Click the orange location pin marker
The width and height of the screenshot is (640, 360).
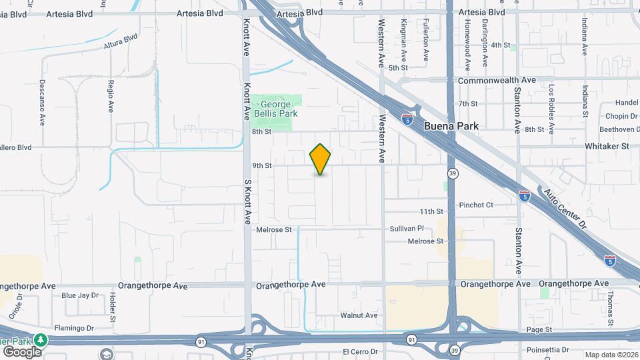[x=321, y=159]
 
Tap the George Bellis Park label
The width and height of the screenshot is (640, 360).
[x=276, y=109]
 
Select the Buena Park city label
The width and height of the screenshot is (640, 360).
[x=451, y=125]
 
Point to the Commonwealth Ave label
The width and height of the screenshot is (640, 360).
[x=497, y=80]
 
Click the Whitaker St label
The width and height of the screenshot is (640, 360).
[x=607, y=146]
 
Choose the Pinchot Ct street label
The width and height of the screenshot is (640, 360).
[x=476, y=205]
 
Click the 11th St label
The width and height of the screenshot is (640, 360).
[x=431, y=211]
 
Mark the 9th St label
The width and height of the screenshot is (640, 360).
[x=262, y=165]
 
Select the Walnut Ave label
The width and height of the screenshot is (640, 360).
[x=359, y=315]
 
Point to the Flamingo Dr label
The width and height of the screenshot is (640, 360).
[x=93, y=328]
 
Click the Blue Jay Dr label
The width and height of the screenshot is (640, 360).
[x=79, y=295]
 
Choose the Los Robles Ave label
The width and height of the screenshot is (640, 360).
[x=551, y=101]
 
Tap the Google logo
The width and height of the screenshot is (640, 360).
[x=21, y=351]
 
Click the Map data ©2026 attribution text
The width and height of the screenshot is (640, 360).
[x=611, y=355]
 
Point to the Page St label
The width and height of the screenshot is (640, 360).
[x=539, y=329]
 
